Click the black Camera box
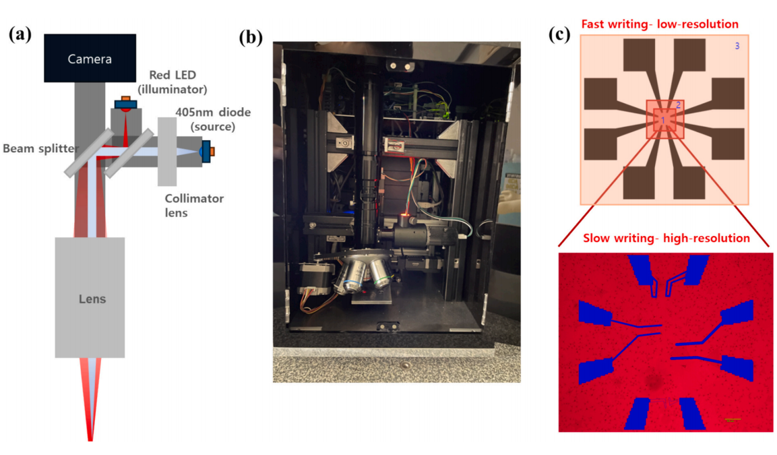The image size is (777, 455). point(90,58)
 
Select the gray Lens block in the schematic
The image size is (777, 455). point(90,297)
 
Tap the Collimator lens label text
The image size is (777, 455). point(194,205)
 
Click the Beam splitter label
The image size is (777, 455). point(40,148)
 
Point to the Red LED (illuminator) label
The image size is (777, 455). point(173,82)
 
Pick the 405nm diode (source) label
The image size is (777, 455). point(213,119)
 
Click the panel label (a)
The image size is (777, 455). point(20,34)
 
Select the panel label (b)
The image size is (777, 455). point(251,37)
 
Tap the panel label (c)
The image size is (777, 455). point(559,34)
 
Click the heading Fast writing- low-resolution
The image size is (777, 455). point(660,24)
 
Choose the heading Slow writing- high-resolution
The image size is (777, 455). point(666,238)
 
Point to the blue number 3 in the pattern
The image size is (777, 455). point(737,46)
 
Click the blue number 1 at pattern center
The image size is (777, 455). point(663,121)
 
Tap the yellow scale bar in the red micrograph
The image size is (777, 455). point(732,420)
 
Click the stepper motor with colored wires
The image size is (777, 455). point(315,280)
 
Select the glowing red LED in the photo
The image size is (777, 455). point(405,216)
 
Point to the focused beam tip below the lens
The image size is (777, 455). point(90,438)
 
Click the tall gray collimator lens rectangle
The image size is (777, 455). point(167,152)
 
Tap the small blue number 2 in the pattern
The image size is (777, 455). point(679,105)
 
